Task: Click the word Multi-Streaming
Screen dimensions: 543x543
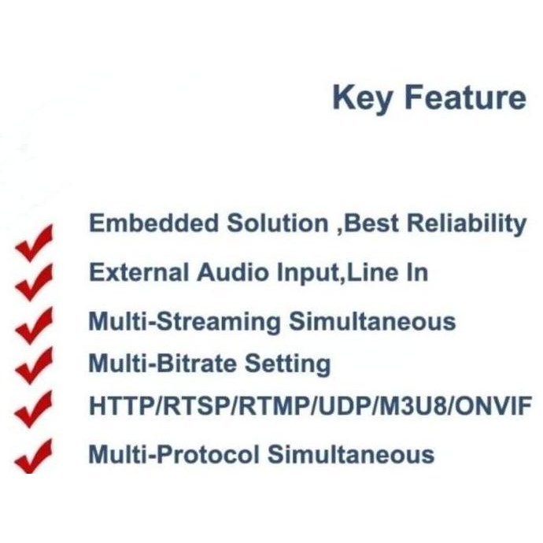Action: pyautogui.click(x=183, y=322)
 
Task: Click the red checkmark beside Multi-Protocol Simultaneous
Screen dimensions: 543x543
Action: pyautogui.click(x=34, y=457)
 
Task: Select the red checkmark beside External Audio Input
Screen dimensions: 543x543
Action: pyautogui.click(x=34, y=276)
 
